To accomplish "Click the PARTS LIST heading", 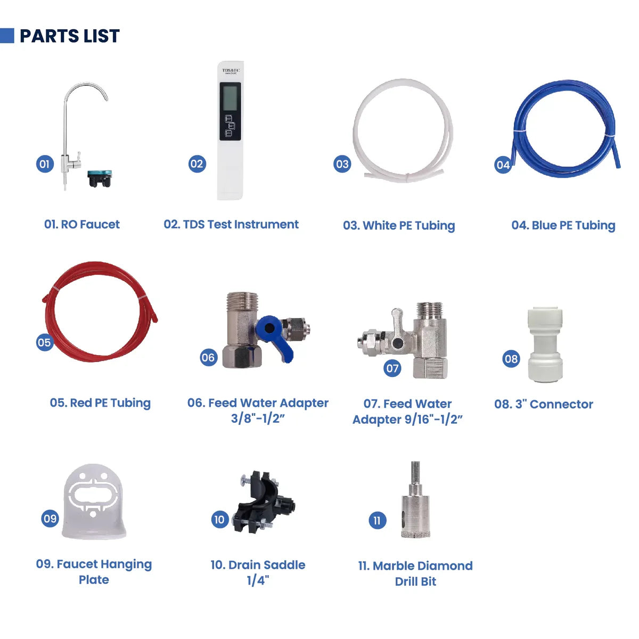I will click(69, 36).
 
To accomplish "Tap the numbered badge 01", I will click(44, 164).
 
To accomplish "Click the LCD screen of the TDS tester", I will click(230, 98).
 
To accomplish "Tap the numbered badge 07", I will click(392, 368).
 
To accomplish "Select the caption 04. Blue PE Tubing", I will click(563, 225).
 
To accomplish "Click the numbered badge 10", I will click(219, 519).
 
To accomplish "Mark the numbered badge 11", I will click(377, 520).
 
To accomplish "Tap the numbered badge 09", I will click(50, 518).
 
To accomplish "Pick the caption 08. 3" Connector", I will click(543, 404).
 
